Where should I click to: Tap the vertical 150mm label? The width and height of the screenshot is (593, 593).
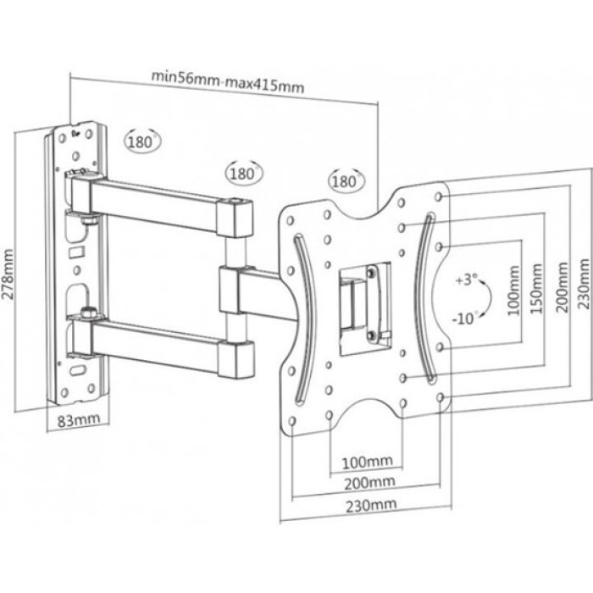tap(536, 290)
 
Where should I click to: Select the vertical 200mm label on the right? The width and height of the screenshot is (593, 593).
tap(558, 290)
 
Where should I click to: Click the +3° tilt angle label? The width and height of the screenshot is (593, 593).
tap(465, 278)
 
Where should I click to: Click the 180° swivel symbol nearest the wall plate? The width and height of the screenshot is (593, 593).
tap(141, 142)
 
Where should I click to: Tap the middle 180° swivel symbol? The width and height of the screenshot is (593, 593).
tap(242, 173)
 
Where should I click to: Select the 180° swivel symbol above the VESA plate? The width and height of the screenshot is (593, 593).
tap(345, 181)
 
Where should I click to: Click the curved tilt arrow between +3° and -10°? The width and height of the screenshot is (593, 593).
tap(485, 298)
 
